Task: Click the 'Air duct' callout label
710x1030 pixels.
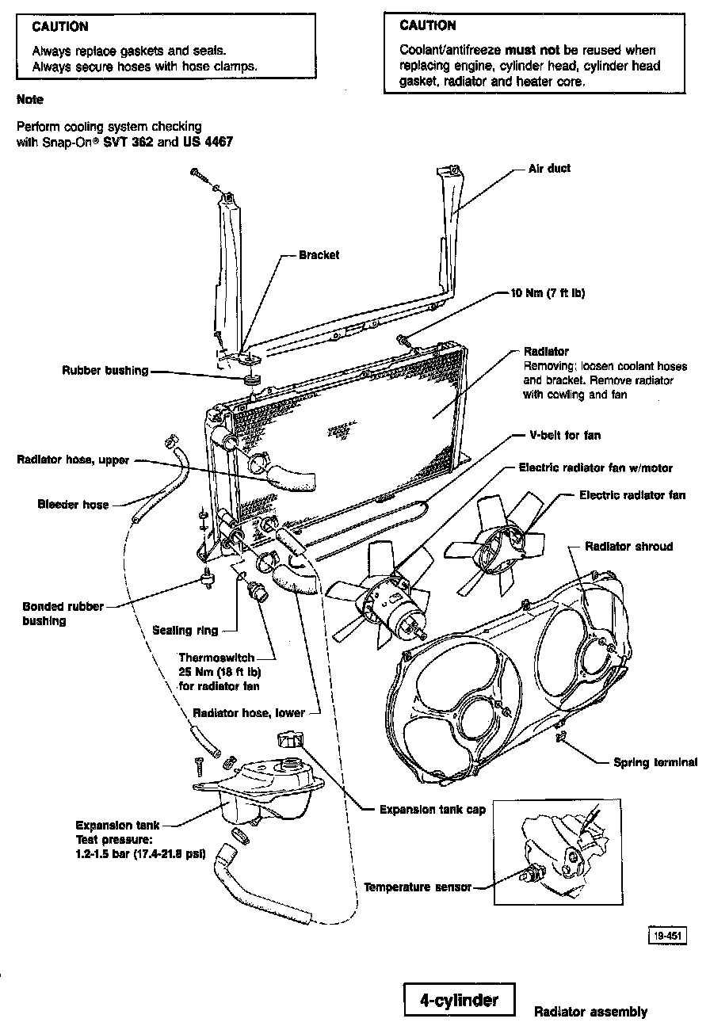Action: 549,169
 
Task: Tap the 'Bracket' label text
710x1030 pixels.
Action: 319,255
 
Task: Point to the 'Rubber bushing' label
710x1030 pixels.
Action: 105,371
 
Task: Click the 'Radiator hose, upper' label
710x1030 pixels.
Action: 73,460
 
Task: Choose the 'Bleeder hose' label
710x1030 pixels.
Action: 73,505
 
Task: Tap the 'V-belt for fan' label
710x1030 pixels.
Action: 565,436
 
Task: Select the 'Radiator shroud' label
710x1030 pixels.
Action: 628,547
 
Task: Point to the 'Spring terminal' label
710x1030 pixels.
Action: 655,763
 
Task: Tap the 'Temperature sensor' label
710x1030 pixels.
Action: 417,887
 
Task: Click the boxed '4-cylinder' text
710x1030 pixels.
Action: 459,1000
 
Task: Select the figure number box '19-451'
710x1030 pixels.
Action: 666,936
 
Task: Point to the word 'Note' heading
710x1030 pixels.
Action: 29,100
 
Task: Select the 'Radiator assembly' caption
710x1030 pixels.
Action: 590,1012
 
